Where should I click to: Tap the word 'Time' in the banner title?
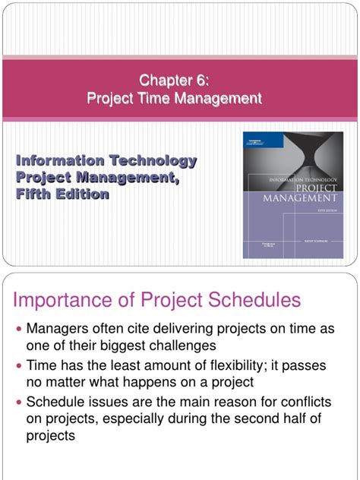[x=171, y=98]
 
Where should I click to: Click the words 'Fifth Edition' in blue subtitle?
[x=63, y=194]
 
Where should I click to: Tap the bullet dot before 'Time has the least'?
[x=20, y=367]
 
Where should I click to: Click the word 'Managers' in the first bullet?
[x=59, y=330]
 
